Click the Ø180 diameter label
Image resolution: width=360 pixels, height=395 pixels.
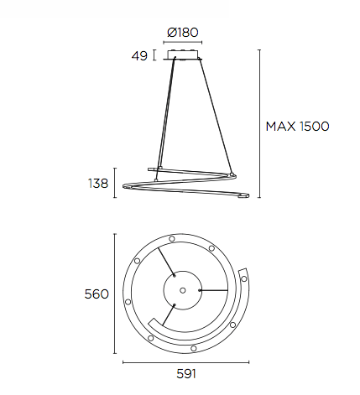183,33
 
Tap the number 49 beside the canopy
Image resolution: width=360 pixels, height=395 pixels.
139,56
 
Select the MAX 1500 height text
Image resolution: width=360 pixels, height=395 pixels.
297,127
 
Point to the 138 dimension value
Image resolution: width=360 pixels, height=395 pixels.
99,183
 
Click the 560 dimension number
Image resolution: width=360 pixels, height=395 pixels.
97,294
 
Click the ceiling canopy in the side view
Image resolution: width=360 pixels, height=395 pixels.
185,56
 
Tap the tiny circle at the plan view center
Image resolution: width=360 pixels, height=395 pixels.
181,289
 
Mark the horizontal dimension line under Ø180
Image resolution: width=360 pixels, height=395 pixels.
185,44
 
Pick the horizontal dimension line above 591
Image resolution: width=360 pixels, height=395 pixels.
185,362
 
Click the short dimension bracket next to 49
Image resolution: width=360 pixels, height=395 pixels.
154,56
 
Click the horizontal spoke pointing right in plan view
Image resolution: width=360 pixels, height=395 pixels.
214,290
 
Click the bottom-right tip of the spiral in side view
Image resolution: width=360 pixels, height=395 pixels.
243,197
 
